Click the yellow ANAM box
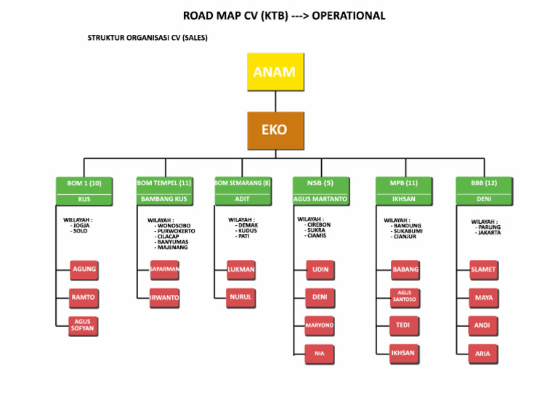275,72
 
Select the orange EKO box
275,130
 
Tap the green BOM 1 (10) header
84,183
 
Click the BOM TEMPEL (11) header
164,183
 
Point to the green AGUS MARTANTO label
320,199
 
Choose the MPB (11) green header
403,183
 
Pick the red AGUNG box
84,270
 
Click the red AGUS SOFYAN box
84,325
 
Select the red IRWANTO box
164,298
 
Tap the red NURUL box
241,298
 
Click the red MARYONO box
320,325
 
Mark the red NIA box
320,354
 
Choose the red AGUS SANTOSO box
405,297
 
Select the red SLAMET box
483,270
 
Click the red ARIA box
483,354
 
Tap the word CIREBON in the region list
318,225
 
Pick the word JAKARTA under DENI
488,232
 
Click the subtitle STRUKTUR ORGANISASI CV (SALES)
147,38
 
